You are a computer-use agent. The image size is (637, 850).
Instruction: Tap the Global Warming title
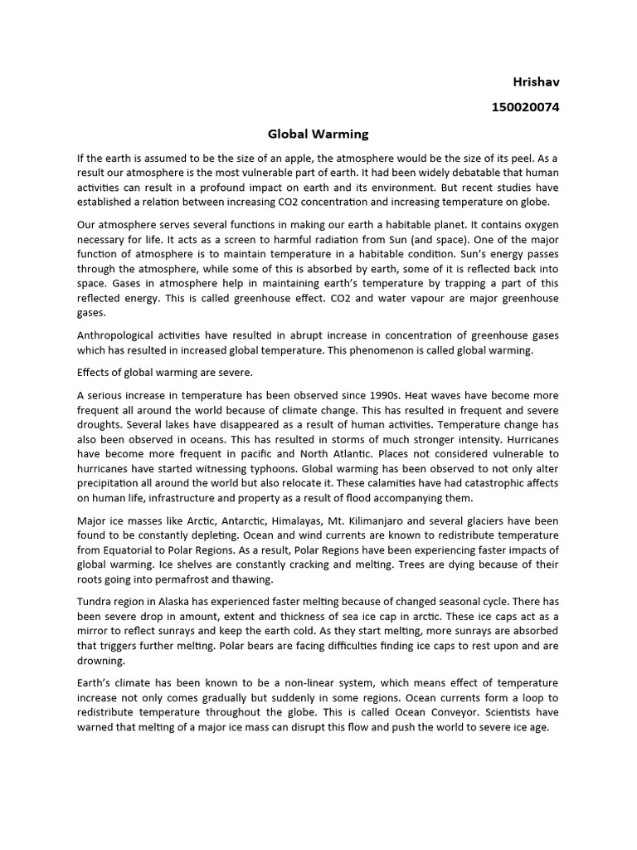pos(318,133)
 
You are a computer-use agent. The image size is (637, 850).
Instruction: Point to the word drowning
pos(101,661)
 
